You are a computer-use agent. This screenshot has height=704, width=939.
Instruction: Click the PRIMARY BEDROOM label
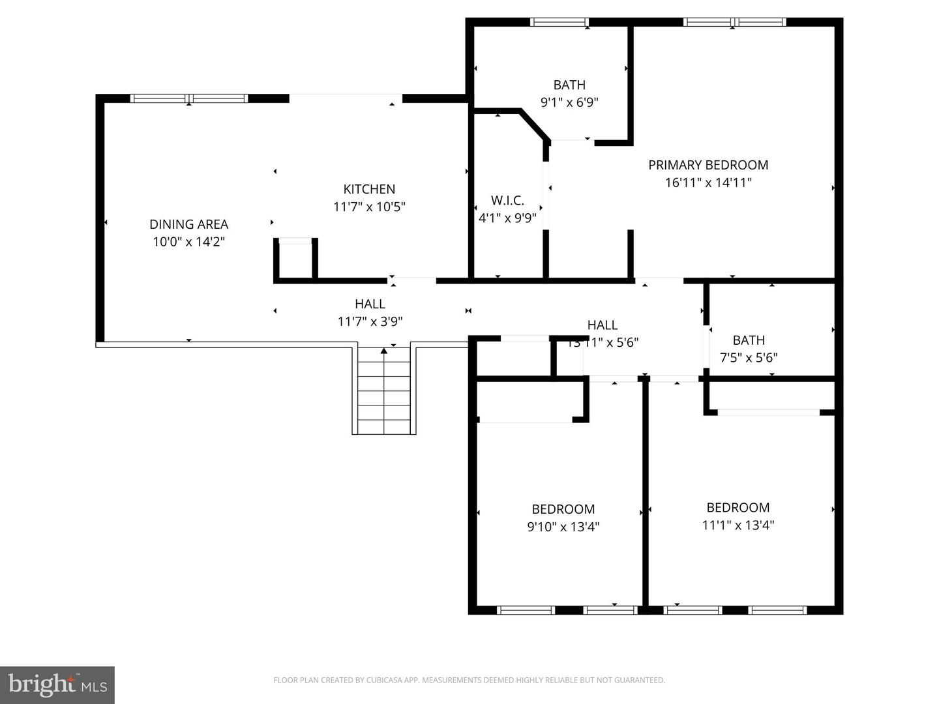708,165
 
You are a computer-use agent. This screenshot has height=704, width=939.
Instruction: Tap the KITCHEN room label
369,189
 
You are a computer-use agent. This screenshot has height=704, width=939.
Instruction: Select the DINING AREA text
188,224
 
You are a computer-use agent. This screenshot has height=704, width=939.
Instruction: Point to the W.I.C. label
507,200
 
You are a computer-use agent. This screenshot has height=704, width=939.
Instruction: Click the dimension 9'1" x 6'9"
569,102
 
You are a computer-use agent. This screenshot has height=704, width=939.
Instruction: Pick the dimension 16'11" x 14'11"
708,183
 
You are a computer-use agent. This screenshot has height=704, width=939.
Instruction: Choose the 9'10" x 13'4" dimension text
563,527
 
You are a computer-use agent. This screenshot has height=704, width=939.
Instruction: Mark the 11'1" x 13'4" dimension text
738,525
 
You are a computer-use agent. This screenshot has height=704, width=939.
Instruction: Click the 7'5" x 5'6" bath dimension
748,357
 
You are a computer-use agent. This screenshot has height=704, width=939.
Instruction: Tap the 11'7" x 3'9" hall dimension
370,321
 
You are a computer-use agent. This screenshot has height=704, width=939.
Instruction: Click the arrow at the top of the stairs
384,351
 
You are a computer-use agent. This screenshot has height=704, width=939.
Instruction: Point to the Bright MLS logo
57,684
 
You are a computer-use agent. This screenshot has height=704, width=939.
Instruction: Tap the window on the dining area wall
189,98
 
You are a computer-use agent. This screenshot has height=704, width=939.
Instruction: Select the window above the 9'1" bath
559,22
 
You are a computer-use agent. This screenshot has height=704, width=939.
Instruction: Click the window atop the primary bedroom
734,22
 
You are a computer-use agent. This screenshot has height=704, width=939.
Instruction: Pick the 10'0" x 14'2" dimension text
188,242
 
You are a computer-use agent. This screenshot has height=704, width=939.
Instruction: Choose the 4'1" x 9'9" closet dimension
507,218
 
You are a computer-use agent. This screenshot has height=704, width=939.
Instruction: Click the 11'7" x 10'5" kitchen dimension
369,207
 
